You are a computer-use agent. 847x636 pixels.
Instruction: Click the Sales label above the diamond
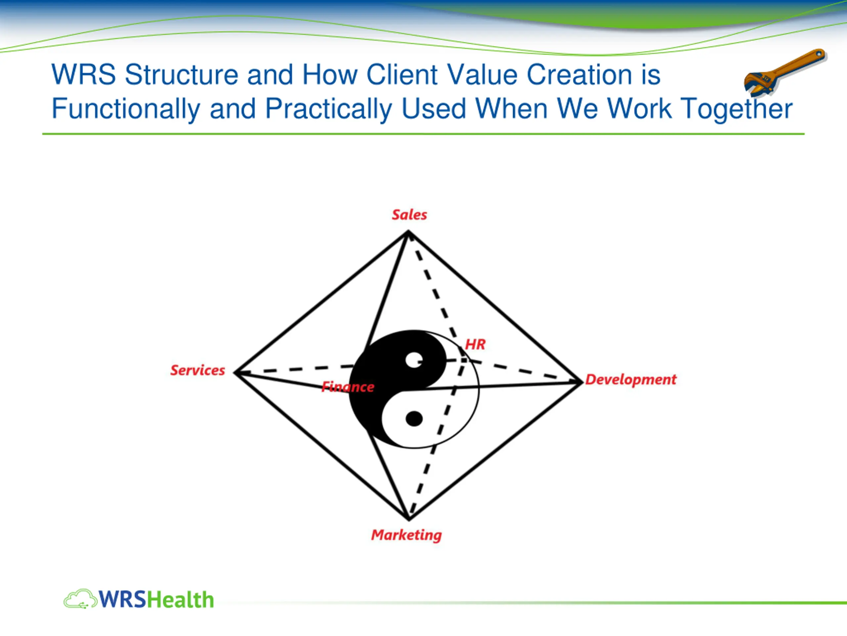pos(409,215)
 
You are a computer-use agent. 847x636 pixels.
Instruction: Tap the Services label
pos(198,370)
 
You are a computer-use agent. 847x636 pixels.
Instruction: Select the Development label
pos(631,380)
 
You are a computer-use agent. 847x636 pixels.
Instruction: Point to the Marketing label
pos(406,535)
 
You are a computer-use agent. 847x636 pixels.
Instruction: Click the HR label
pos(475,344)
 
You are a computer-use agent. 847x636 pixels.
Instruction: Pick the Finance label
pos(348,387)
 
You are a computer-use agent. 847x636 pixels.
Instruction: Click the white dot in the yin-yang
pos(414,360)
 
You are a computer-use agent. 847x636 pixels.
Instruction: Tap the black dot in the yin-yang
pos(414,419)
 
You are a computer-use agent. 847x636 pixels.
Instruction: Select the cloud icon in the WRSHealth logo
pos(80,599)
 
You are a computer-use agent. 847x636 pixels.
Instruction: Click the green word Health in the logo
pos(180,600)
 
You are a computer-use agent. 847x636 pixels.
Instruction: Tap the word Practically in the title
pos(329,109)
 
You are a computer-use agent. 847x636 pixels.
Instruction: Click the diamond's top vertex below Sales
pos(408,232)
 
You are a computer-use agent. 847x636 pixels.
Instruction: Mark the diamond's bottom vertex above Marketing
pos(409,519)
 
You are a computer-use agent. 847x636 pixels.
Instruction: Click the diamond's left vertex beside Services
pos(236,372)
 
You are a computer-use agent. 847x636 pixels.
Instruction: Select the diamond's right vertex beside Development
pos(581,382)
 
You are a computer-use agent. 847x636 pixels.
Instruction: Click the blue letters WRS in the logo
pos(122,600)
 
